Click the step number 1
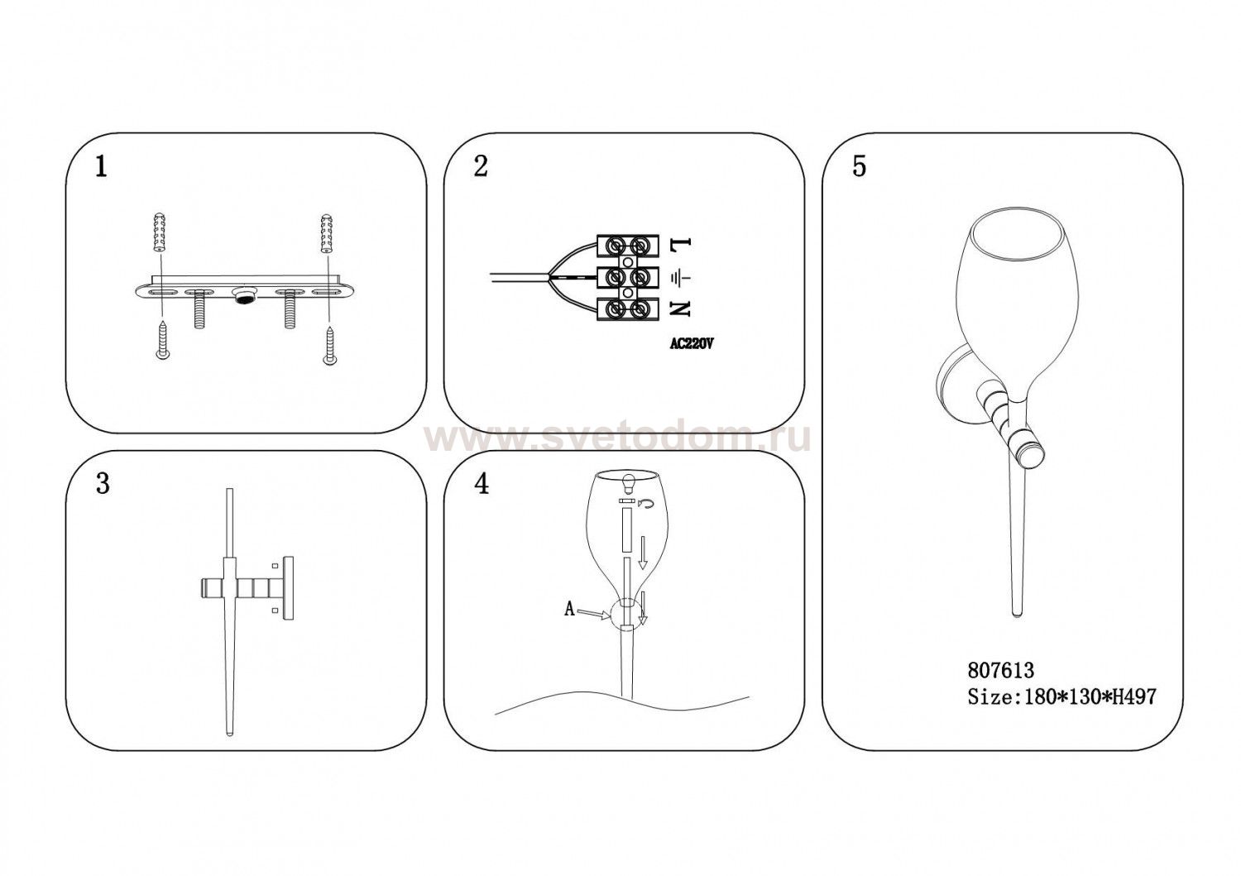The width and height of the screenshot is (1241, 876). point(101,166)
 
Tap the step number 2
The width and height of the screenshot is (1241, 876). point(481,166)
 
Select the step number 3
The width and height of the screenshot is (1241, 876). point(103,484)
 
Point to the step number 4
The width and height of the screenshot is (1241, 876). point(482,484)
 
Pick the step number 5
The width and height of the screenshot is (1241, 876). point(860,166)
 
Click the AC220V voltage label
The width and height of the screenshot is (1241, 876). point(692,344)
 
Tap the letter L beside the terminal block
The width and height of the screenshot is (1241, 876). point(681,243)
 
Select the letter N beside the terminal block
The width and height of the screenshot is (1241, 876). point(680,309)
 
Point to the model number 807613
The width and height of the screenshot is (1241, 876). point(1000,670)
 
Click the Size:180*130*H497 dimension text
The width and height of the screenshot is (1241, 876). point(1062,696)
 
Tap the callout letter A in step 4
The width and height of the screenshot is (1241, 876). point(569,610)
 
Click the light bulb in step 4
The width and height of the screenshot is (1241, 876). point(629,484)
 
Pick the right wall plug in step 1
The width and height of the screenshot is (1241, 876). point(326,231)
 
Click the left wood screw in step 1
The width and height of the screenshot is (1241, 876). point(162,340)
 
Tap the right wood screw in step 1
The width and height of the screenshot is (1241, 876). point(329,345)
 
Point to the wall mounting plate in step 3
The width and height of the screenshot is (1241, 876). point(288,587)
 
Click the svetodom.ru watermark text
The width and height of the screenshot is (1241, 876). point(616,438)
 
